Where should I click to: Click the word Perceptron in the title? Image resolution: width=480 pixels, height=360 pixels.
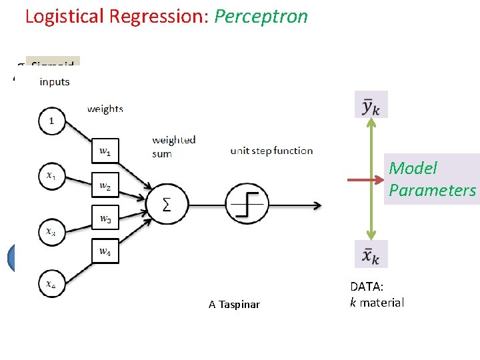point(261,16)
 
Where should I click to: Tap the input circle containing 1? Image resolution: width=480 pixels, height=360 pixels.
point(52,121)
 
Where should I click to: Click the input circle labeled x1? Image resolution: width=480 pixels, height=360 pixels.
point(52,177)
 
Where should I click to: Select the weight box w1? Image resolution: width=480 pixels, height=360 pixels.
point(105,151)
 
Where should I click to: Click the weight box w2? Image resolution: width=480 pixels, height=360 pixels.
point(105,185)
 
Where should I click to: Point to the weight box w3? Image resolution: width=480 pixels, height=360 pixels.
point(105,219)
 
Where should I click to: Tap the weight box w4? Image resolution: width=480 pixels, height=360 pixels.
point(105,251)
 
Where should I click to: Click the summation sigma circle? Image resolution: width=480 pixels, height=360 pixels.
point(167,203)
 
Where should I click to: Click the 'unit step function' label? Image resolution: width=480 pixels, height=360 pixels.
point(271,151)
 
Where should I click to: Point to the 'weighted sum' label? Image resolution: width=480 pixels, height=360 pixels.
point(173,147)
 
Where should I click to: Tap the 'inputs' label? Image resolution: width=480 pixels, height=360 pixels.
point(55,82)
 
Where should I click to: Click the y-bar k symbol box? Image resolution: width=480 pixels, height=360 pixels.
point(371,105)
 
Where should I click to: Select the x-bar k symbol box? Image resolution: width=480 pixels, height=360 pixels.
point(371,254)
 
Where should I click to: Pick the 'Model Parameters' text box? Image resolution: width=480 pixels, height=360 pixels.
point(433,179)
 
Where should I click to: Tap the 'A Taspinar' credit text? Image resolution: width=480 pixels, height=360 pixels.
point(234,305)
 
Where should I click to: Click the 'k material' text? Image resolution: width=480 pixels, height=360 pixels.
point(377,303)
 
